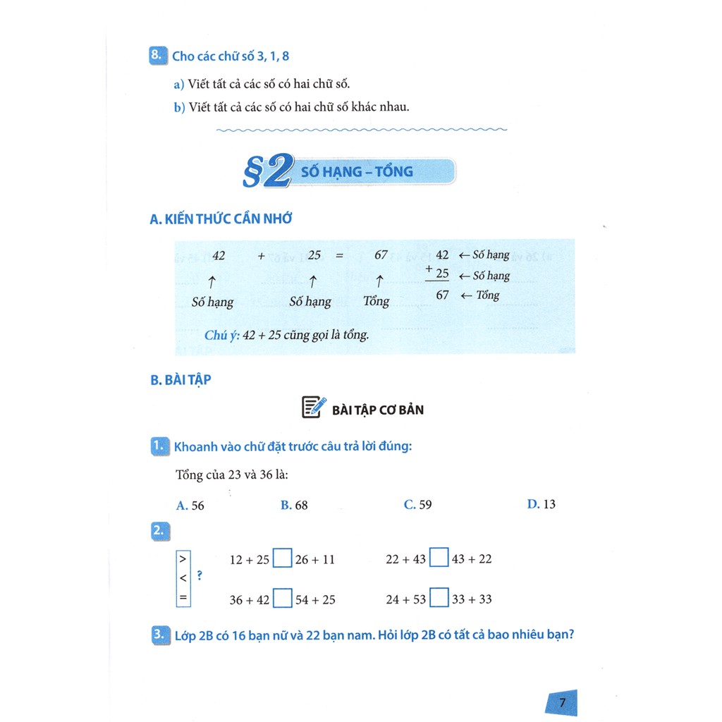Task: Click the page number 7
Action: [562, 702]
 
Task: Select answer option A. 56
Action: [190, 505]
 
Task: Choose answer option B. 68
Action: [294, 505]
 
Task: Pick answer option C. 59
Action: [417, 504]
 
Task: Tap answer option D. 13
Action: [541, 504]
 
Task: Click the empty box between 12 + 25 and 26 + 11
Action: [282, 559]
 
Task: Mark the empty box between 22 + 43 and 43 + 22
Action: [439, 558]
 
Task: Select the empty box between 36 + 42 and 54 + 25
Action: [282, 599]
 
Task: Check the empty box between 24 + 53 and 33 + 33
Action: [439, 599]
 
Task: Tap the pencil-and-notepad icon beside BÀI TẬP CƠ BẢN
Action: [314, 408]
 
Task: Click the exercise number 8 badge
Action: [158, 56]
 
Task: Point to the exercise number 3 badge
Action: [159, 635]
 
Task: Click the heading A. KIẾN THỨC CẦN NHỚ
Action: [221, 219]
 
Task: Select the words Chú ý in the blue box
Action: [221, 335]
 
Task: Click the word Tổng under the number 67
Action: [376, 302]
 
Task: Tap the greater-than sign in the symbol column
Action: [183, 558]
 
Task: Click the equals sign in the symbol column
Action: [183, 597]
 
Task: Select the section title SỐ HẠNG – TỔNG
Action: [357, 171]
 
